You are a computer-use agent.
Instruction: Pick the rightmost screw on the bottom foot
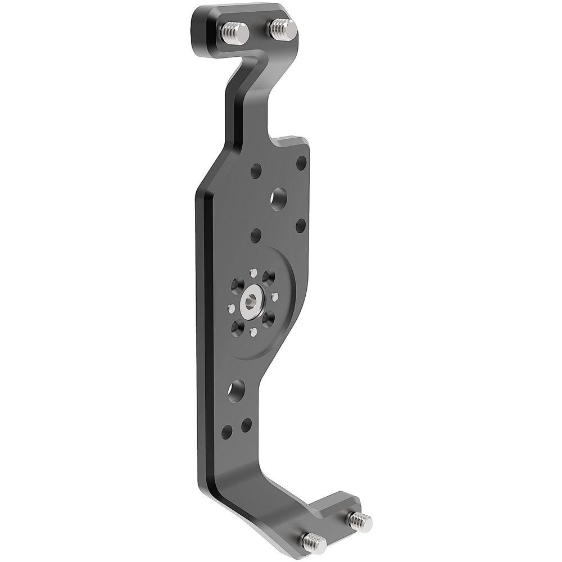360,521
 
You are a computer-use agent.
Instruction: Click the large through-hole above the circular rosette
278,199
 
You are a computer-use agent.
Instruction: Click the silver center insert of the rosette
250,304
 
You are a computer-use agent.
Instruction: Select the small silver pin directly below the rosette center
253,332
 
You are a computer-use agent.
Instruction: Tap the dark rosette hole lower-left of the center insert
236,326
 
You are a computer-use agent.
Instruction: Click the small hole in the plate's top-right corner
301,163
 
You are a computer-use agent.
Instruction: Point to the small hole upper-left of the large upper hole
256,171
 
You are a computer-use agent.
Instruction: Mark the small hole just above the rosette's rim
256,234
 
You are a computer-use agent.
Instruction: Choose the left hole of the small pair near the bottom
226,432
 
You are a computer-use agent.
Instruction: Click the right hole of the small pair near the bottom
246,425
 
